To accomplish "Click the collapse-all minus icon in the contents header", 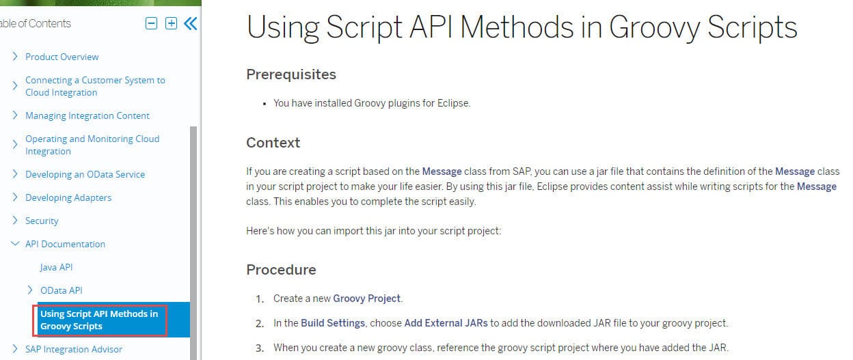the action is click(151, 24).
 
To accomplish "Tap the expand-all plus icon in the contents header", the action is click(171, 24).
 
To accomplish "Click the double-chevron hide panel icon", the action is click(191, 24).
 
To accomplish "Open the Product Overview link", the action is click(62, 57).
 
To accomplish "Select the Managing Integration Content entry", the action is click(87, 115).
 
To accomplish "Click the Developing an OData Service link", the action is click(85, 174).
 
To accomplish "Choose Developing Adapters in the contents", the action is click(68, 197).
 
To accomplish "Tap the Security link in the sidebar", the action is click(42, 221).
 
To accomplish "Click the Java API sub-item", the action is click(56, 267).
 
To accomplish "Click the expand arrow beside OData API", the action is click(30, 290).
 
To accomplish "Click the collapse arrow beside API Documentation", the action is click(15, 244).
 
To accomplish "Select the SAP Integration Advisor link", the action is click(74, 349).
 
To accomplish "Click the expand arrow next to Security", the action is click(15, 221).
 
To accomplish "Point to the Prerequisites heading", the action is click(291, 74).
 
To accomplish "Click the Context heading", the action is click(273, 143).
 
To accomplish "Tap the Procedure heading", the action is click(281, 270).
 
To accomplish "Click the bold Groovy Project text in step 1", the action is click(367, 299).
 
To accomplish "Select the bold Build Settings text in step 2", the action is click(333, 323).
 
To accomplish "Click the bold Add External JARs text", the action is click(446, 323).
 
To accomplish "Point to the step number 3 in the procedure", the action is click(260, 348).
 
